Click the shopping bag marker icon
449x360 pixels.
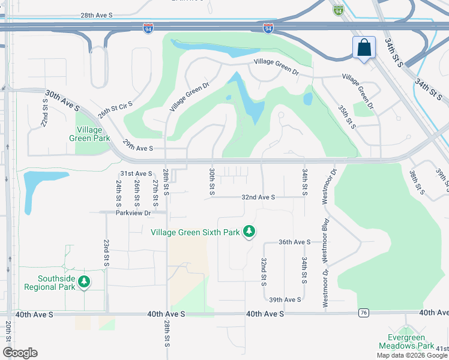(x=364, y=47)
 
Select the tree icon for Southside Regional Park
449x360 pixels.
(x=85, y=281)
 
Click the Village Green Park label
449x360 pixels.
(x=93, y=133)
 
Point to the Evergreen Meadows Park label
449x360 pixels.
(x=406, y=341)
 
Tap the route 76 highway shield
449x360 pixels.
(x=363, y=313)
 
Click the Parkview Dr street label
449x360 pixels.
(x=133, y=212)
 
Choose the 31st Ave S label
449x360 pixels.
(x=136, y=173)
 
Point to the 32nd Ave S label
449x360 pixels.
(x=258, y=197)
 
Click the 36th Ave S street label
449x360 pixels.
(x=294, y=242)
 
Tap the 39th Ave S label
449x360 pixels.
(x=285, y=299)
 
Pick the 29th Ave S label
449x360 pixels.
(x=138, y=148)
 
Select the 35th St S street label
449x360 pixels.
(x=346, y=116)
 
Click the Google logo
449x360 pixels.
(x=20, y=353)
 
